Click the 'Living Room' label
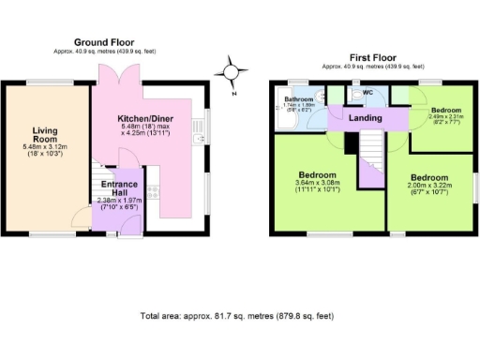click(46, 137)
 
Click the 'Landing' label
click(365, 118)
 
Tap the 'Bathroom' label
click(299, 98)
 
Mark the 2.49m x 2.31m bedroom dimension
click(445, 118)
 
